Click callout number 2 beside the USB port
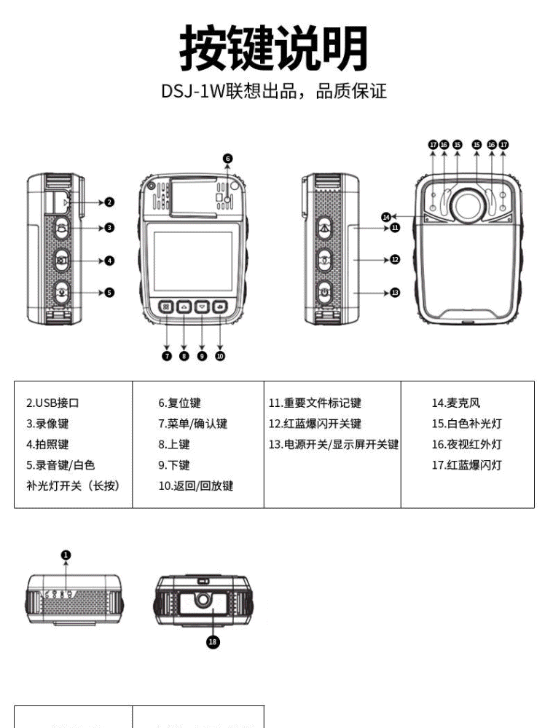[109, 202]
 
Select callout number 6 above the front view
[227, 158]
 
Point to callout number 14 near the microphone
[386, 216]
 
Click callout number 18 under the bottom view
[213, 641]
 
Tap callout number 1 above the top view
[66, 555]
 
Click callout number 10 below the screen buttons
[220, 356]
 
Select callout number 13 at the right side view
[395, 292]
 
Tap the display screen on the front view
[194, 261]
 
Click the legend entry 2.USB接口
[52, 403]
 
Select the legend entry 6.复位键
[180, 403]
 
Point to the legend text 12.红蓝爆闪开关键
[315, 424]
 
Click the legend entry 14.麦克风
[456, 403]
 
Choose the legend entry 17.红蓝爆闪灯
[466, 465]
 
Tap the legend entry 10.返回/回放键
[196, 486]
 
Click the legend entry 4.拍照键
[47, 444]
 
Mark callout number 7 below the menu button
[167, 356]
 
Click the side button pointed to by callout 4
[63, 260]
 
